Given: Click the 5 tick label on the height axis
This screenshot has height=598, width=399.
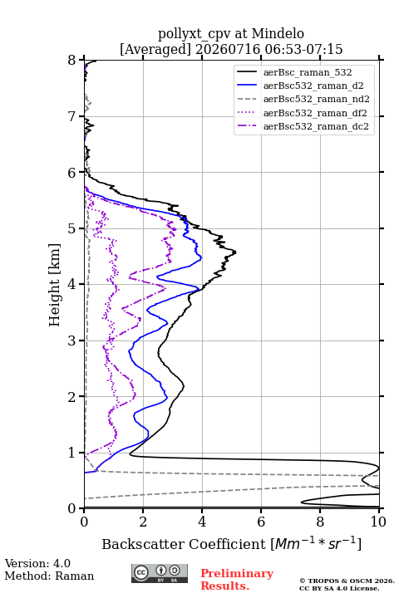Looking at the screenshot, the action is pos(72,228).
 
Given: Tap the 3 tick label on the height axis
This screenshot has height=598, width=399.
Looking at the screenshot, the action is pos(72,341).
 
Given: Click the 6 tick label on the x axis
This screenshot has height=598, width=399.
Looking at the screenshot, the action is pos(261,522).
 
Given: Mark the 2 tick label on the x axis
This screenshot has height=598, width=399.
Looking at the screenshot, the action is pos(143,522).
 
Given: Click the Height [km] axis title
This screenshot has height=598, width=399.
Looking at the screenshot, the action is pos(54,285).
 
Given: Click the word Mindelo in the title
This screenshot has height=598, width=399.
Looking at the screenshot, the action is pos(278,33).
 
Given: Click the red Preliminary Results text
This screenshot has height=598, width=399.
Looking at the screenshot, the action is pos(237,580).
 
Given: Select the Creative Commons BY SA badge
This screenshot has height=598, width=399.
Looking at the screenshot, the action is pos(160,574).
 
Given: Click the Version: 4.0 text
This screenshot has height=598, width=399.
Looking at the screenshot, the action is pos(37,563).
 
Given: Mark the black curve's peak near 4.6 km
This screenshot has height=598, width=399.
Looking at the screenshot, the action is pos(235,252).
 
